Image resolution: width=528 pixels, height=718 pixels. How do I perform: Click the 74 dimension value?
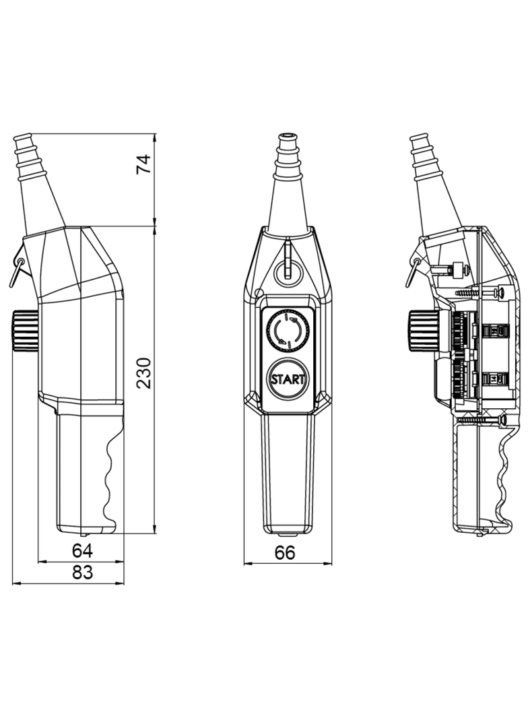[143, 164]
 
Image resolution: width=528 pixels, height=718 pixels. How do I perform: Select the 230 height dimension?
[144, 372]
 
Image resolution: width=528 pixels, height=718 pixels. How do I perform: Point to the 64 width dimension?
[82, 550]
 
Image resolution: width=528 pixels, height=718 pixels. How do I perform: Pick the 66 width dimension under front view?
[286, 552]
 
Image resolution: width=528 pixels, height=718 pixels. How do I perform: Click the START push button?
[288, 379]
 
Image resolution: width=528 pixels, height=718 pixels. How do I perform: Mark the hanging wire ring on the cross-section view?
[414, 270]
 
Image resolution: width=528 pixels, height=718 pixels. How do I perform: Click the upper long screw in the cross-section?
[480, 293]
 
